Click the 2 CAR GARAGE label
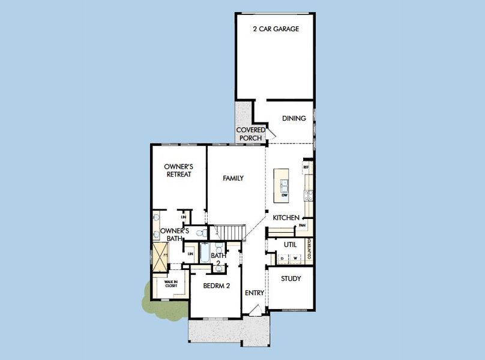[x=276, y=29]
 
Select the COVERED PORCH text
[x=250, y=134]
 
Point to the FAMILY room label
[x=233, y=178]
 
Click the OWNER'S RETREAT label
[x=178, y=170]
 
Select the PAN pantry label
[x=303, y=226]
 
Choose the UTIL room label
[x=291, y=245]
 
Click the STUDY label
[x=291, y=279]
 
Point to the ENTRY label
[x=255, y=293]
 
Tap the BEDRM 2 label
[x=217, y=286]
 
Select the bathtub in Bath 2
[x=204, y=253]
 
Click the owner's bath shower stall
[x=160, y=256]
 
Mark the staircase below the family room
[x=231, y=232]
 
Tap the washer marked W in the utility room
[x=295, y=259]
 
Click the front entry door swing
[x=255, y=310]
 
